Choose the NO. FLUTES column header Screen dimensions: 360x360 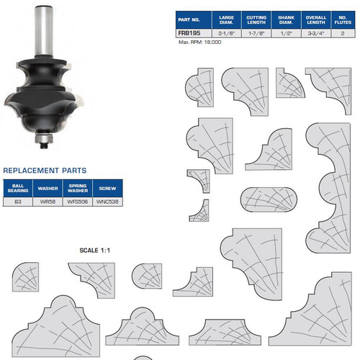click(x=346, y=19)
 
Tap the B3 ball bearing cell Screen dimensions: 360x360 click(x=17, y=202)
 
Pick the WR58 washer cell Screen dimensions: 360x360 click(x=48, y=202)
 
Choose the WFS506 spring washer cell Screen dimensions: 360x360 click(x=78, y=202)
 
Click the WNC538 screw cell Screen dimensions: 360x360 click(x=107, y=202)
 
